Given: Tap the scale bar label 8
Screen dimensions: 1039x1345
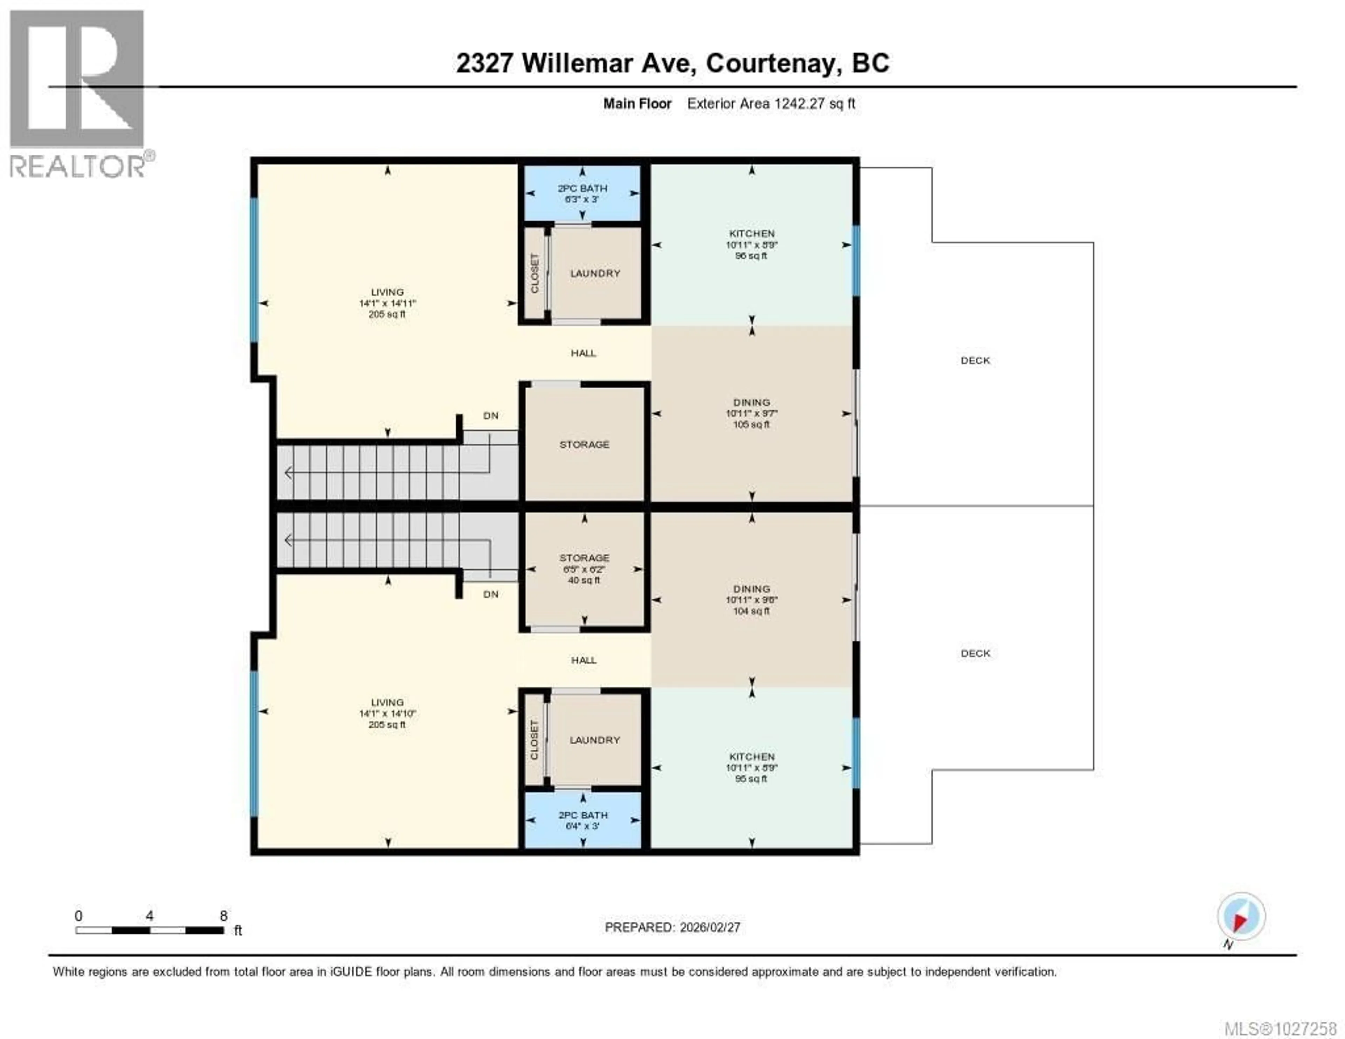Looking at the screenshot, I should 223,916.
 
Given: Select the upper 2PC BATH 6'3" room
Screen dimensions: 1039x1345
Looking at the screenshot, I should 582,193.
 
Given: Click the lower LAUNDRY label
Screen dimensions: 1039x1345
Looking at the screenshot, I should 595,740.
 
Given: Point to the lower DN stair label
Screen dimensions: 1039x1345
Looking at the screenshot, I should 491,594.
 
